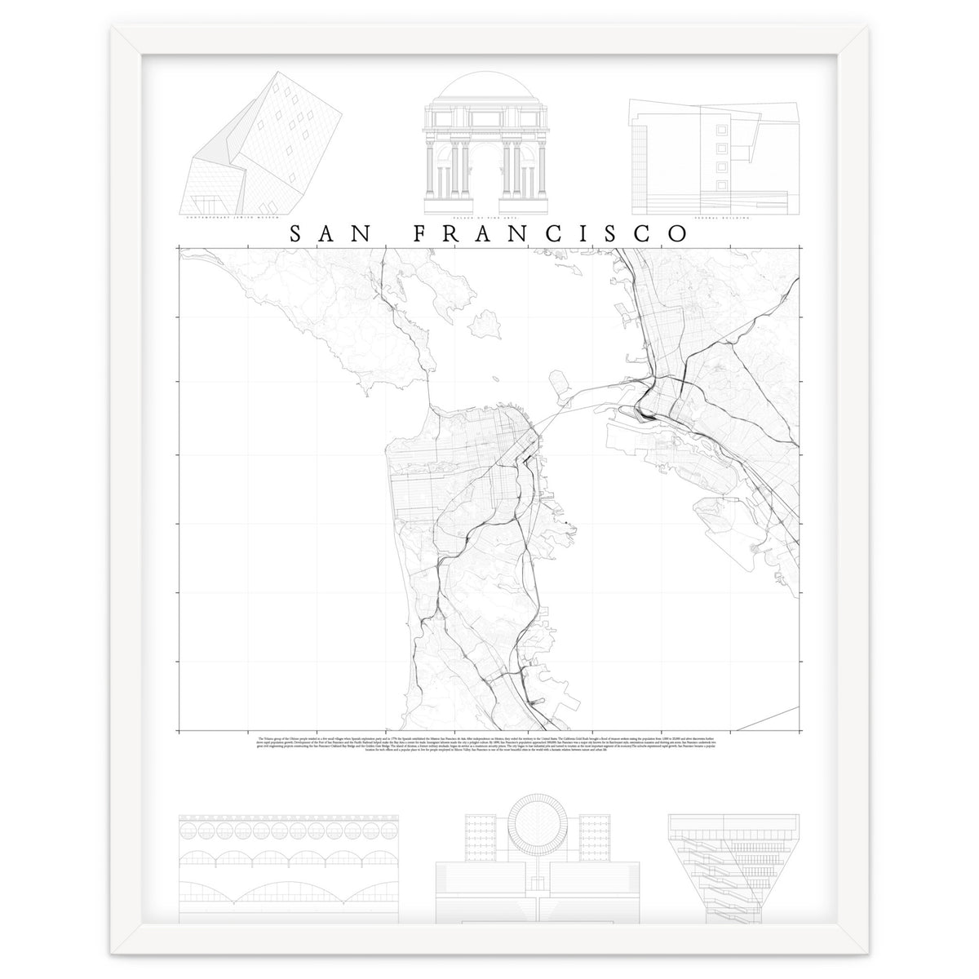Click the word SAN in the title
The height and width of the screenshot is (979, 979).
pos(326,233)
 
